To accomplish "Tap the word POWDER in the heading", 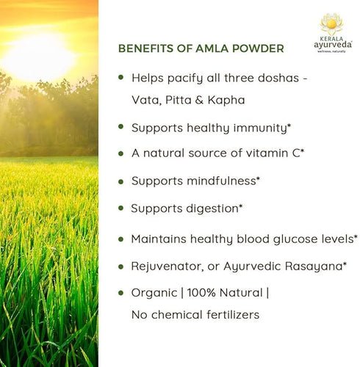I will coord(258,48).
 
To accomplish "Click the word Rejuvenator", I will coord(168,265).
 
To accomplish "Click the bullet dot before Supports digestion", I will coord(120,207).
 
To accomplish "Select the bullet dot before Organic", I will coord(120,291).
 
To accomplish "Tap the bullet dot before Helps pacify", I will coord(120,76).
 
